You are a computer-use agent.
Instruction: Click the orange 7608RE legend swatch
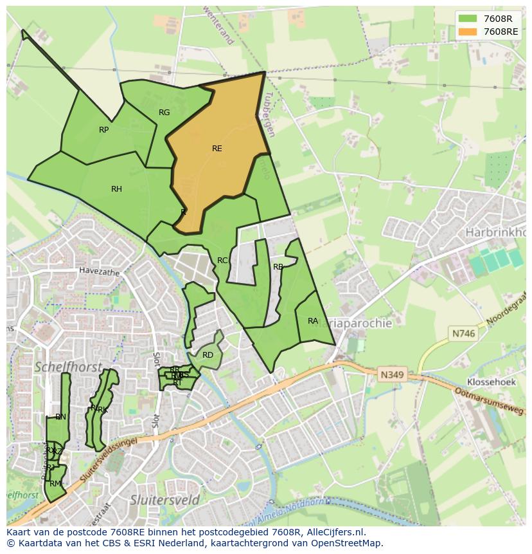pos(468,32)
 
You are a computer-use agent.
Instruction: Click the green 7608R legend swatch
pos(468,18)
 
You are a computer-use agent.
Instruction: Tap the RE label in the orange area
pos(217,149)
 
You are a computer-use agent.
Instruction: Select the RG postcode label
pos(164,113)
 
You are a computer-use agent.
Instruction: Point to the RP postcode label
pos(104,130)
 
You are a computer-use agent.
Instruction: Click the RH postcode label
pos(116,189)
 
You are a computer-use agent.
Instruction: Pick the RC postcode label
pos(222,261)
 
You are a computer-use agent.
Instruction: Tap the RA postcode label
pos(313,321)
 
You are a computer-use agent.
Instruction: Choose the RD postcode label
pos(208,355)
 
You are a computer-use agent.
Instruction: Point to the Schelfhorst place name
pos(68,367)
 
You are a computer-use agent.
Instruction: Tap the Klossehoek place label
pos(492,382)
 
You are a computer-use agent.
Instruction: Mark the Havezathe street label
pos(100,272)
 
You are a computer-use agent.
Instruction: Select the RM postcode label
pos(55,484)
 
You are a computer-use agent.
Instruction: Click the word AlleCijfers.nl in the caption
pos(335,532)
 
